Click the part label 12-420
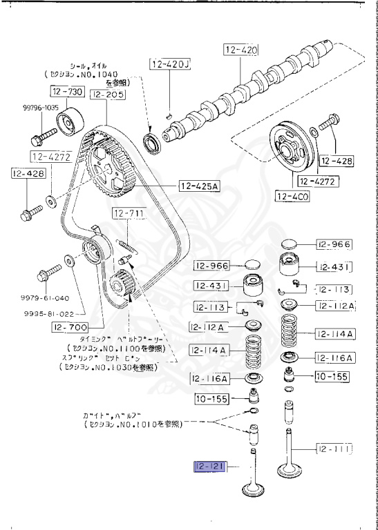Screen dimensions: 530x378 (239, 50)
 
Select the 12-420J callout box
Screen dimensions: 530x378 (169, 66)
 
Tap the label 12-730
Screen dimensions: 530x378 (66, 91)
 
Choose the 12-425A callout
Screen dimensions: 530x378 (198, 185)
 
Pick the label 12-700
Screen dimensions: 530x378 (68, 327)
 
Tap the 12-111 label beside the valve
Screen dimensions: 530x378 (334, 449)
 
